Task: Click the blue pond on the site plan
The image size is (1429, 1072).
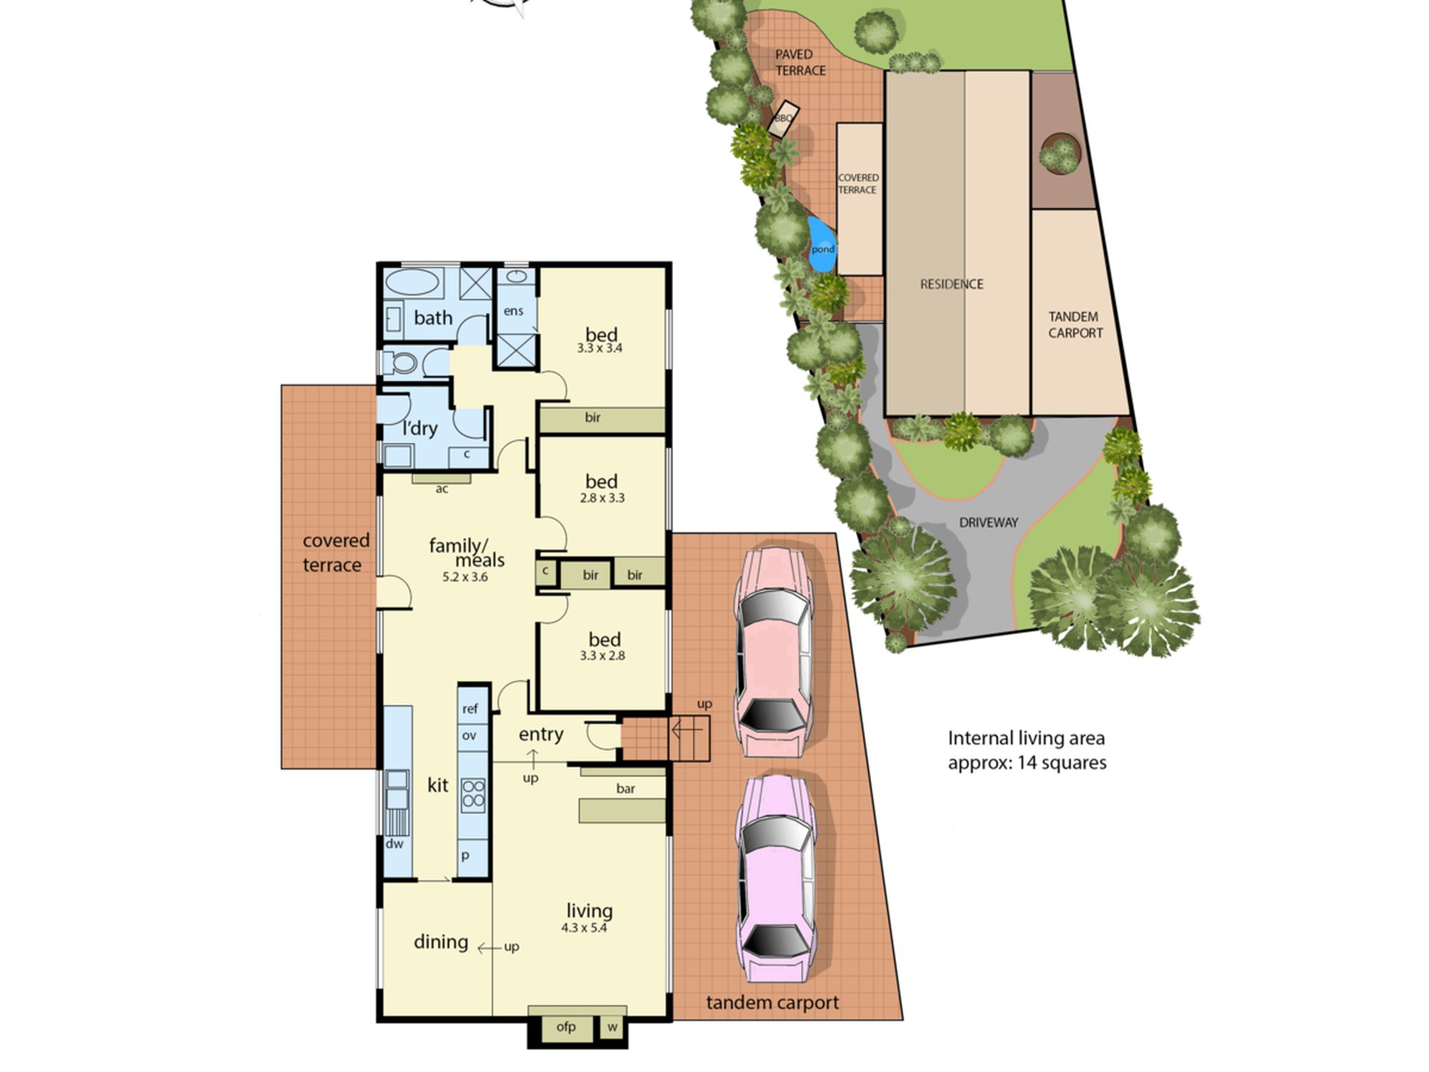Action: coord(822,245)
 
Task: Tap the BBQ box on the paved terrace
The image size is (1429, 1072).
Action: coord(784,118)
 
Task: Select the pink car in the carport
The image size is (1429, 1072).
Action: coord(774,652)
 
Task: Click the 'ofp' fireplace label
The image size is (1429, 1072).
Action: coord(566,1027)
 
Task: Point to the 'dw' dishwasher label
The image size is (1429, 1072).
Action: coord(394,843)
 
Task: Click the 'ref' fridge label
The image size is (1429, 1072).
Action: coord(469,708)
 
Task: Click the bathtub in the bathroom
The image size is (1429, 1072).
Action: coord(412,283)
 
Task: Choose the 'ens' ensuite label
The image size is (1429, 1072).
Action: coord(513,311)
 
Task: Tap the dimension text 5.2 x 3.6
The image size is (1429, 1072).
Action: coord(464,577)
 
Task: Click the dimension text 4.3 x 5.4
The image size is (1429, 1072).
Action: coord(584,928)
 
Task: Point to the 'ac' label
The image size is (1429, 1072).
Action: coord(442,490)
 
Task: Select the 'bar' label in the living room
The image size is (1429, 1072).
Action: coord(625,788)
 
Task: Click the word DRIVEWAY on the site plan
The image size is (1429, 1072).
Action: coord(988,522)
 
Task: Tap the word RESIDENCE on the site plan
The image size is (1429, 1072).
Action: coord(952,284)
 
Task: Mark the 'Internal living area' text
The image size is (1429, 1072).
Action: coord(1026,738)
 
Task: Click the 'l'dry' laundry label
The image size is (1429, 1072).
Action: coord(419,427)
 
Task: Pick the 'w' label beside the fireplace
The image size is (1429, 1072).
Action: coord(612,1027)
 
